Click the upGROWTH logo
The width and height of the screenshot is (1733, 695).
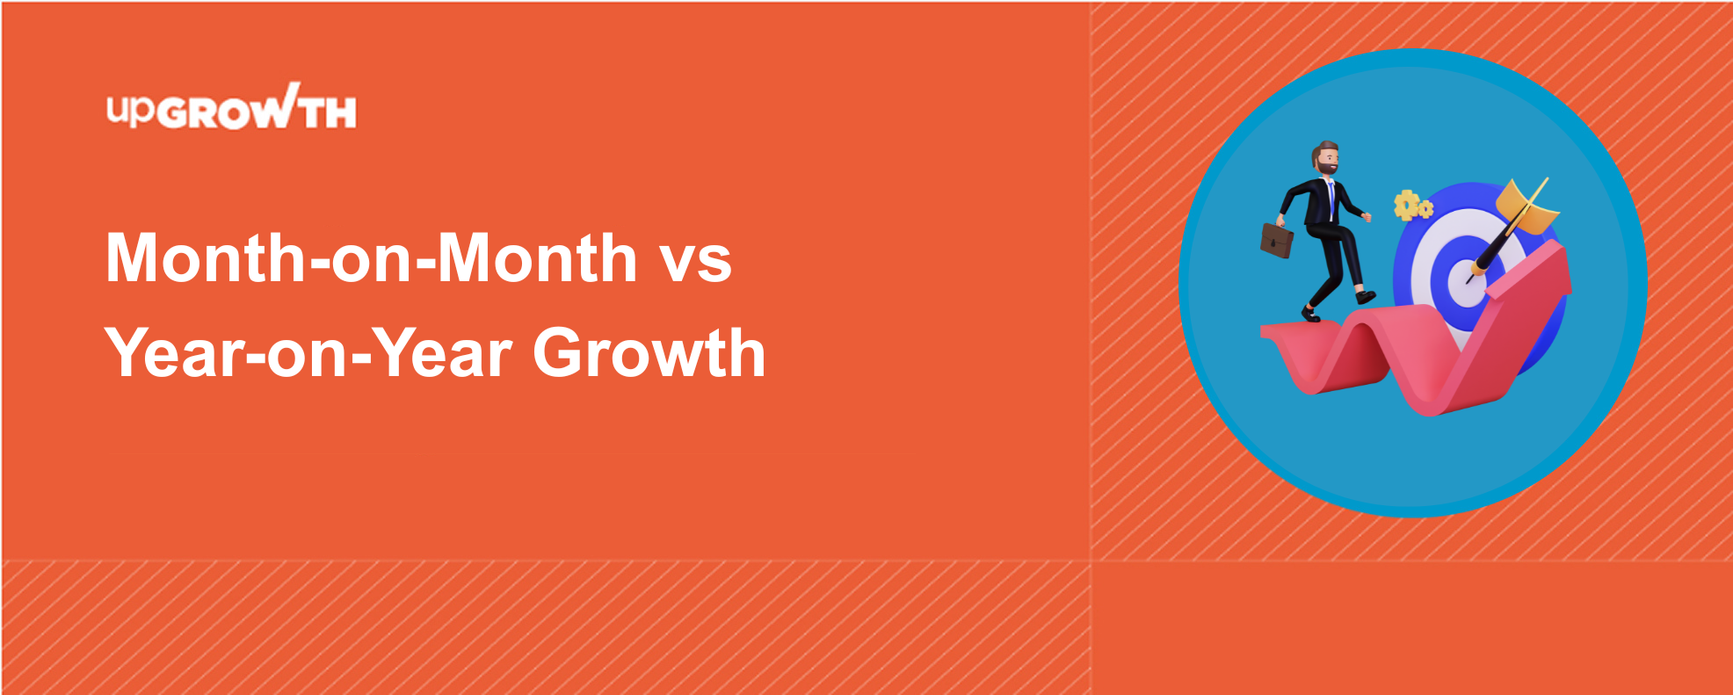tap(232, 107)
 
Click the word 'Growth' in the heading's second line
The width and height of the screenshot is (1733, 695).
tap(649, 353)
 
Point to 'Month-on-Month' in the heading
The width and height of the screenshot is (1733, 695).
tap(371, 257)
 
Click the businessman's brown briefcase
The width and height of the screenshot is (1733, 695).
tap(1277, 239)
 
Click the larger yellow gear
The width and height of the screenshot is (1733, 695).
tap(1406, 205)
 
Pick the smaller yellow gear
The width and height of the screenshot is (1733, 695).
tap(1425, 209)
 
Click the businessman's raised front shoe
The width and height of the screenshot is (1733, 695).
tap(1365, 296)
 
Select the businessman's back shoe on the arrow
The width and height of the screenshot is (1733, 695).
tap(1310, 314)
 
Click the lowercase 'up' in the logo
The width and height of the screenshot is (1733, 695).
tap(131, 111)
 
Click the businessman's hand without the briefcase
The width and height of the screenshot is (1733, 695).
tap(1366, 216)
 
